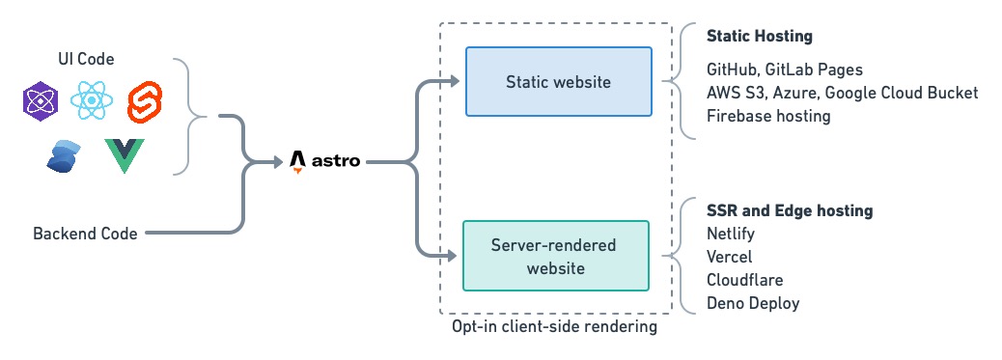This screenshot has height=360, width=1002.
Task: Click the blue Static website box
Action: tap(558, 82)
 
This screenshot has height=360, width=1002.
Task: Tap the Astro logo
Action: tap(325, 161)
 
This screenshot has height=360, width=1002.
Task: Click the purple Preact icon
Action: tap(41, 100)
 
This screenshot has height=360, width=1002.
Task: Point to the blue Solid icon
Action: tap(65, 155)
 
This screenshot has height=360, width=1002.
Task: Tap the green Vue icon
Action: tap(123, 155)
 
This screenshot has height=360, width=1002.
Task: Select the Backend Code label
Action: tap(85, 233)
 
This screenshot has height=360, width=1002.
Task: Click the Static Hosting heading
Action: tap(759, 37)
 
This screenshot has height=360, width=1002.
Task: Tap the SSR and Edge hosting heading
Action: tap(789, 209)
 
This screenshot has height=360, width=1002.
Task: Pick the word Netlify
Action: tap(731, 234)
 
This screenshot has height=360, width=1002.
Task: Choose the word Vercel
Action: tap(729, 257)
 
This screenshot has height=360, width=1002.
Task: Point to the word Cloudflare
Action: tap(744, 280)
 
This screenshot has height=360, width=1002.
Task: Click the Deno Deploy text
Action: tap(752, 303)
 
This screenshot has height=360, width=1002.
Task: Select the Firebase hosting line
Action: tap(767, 116)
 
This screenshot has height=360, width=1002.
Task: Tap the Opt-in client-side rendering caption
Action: tap(554, 327)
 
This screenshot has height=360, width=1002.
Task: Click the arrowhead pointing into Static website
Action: tap(457, 82)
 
